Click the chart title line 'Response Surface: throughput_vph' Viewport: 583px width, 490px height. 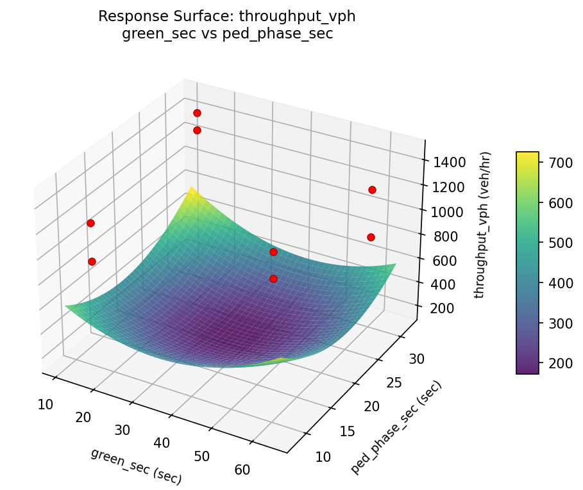tap(226, 17)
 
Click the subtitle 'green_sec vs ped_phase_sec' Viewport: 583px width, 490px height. tap(226, 34)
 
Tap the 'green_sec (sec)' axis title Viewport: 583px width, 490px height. tap(136, 466)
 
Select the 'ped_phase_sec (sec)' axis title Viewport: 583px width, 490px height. tap(396, 427)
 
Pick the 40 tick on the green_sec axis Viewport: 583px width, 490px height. tap(162, 443)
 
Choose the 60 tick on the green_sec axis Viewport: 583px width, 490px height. tap(242, 470)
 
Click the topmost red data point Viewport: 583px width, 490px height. tap(197, 113)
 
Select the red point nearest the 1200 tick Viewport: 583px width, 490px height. tap(372, 190)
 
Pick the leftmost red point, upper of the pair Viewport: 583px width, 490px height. tap(90, 223)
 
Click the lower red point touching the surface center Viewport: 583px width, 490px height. tap(273, 279)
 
